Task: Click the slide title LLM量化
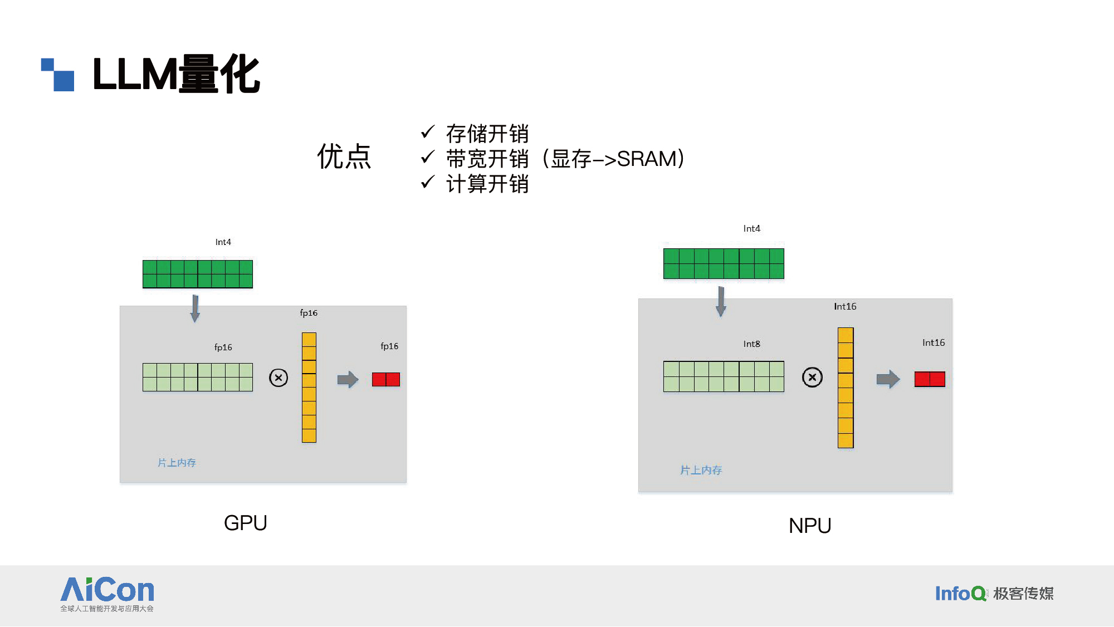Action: coord(176,74)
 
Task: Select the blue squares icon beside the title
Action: coord(58,75)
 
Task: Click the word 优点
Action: coord(344,156)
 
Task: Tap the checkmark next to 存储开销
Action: coord(428,132)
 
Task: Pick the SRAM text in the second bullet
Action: coord(646,159)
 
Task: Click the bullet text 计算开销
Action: coord(487,184)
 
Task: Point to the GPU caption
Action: coord(246,523)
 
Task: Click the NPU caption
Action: coord(810,526)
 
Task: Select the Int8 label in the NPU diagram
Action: coord(751,344)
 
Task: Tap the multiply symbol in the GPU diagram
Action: coord(278,378)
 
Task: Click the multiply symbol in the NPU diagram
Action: coord(812,378)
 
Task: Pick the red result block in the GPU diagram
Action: coord(386,380)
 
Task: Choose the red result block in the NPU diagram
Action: coord(930,379)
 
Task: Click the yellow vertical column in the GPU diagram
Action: coord(309,388)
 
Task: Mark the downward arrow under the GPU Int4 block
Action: coord(195,308)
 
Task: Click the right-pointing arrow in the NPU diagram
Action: coord(888,379)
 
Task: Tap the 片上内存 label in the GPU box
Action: coord(177,463)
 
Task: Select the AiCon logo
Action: coord(108,594)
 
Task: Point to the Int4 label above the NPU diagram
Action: coord(751,229)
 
